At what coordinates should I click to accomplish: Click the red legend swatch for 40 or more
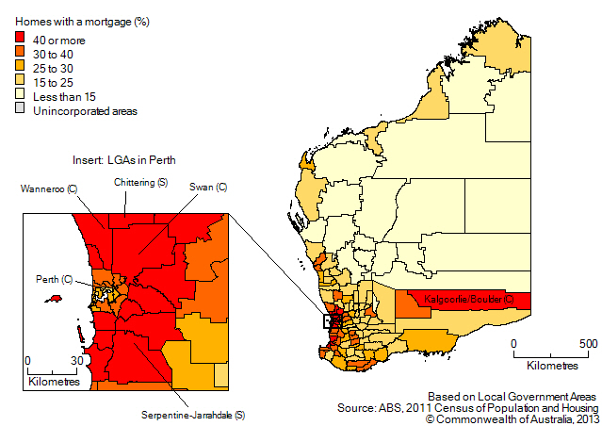(22, 38)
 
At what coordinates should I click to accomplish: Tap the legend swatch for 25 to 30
(22, 67)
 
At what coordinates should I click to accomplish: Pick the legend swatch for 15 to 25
(22, 81)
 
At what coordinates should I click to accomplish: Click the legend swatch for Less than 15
(22, 96)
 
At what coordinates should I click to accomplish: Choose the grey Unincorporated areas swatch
(22, 110)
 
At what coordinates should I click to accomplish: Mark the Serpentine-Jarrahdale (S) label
(193, 415)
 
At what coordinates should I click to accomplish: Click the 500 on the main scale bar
(587, 344)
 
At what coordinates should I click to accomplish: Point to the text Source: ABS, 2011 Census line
(466, 407)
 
